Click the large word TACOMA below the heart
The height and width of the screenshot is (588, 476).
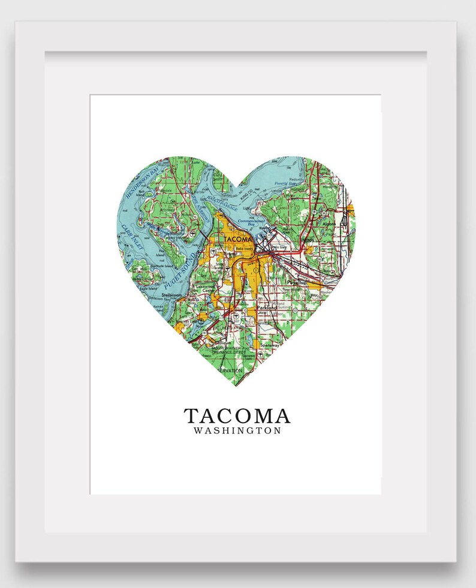[x=237, y=415]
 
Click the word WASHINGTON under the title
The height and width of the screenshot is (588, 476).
[x=237, y=431]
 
